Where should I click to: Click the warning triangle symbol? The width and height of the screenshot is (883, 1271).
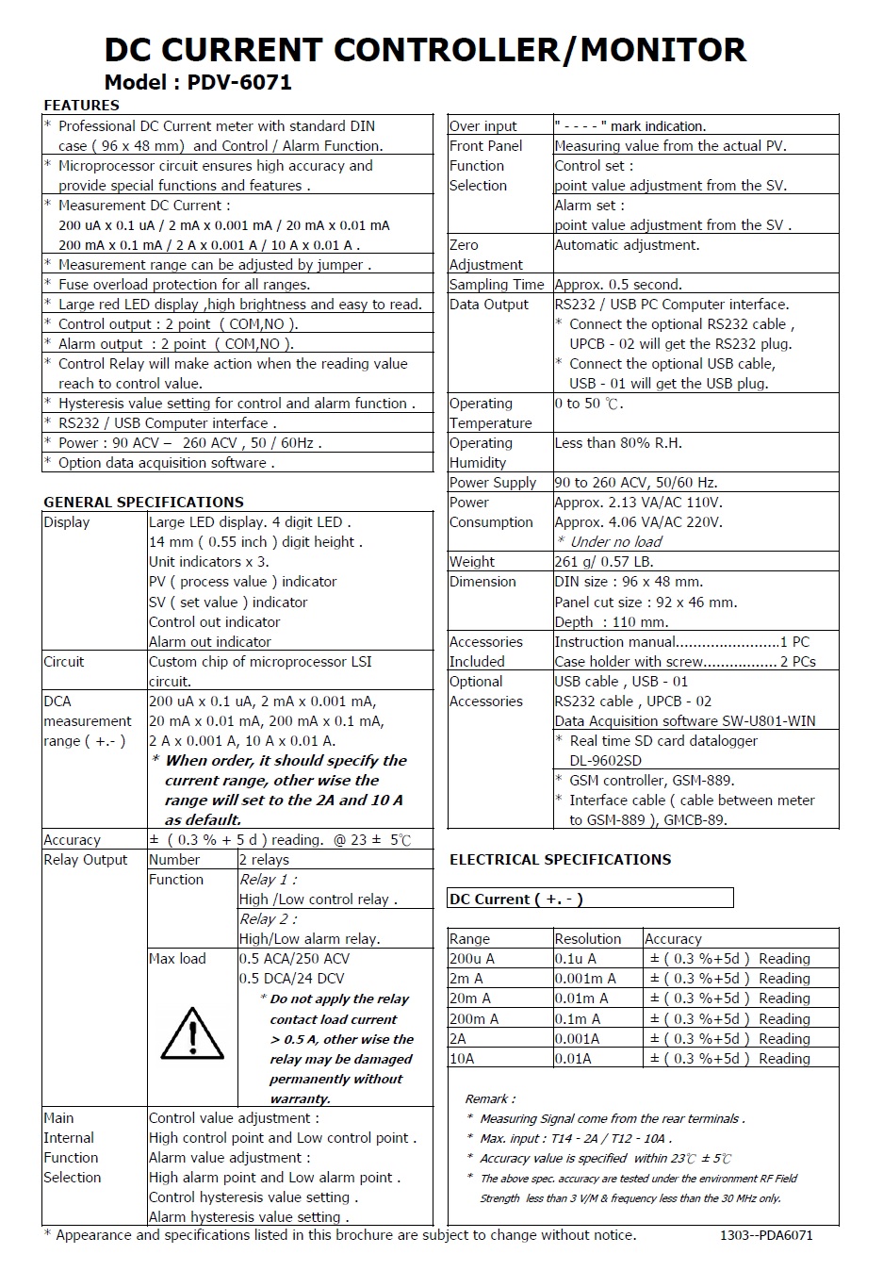(x=192, y=1032)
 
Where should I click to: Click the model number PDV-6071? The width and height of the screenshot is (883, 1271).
(x=239, y=82)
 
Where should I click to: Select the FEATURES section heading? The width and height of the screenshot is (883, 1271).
(x=81, y=105)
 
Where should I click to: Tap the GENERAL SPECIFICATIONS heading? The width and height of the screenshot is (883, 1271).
(x=143, y=502)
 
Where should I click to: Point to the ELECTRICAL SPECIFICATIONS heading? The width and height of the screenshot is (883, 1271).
(x=560, y=859)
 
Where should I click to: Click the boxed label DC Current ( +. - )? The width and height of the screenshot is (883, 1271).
(x=516, y=899)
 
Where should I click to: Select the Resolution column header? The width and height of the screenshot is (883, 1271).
(x=587, y=938)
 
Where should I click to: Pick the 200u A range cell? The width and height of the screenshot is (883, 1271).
(x=472, y=958)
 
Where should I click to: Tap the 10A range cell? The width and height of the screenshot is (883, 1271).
(x=462, y=1058)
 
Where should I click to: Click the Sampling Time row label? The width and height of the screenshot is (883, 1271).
(x=497, y=284)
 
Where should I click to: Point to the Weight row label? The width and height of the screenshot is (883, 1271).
(x=471, y=561)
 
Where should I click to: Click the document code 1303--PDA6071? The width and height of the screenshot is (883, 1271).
(x=765, y=1234)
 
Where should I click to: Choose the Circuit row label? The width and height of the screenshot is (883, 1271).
(x=64, y=661)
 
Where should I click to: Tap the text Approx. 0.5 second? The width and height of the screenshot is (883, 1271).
(x=618, y=284)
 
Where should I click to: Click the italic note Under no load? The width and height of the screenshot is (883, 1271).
(x=615, y=541)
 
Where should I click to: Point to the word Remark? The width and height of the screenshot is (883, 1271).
(x=489, y=1098)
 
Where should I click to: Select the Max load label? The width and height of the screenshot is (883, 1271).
(x=177, y=958)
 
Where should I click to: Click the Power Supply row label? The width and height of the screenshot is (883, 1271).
(x=493, y=482)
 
